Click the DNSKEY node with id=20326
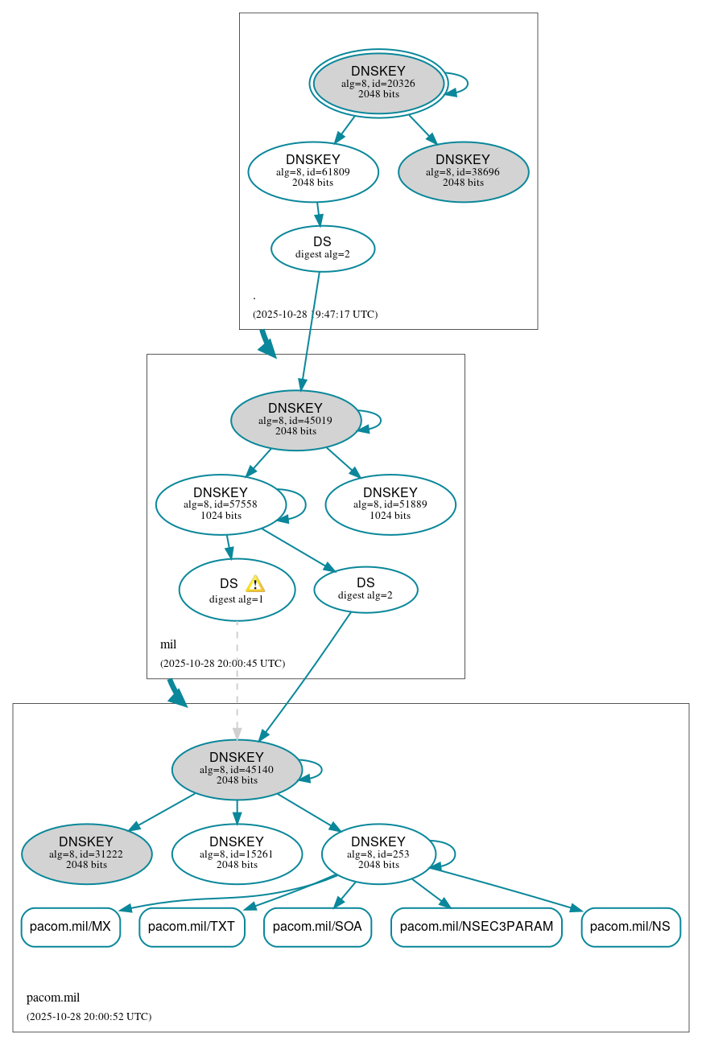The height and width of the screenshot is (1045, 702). (x=378, y=83)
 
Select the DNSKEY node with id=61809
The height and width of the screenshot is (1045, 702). (x=313, y=171)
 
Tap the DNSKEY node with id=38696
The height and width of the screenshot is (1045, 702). (x=463, y=171)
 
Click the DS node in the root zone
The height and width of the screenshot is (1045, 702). (x=322, y=248)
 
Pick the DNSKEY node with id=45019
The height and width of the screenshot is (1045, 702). (x=295, y=420)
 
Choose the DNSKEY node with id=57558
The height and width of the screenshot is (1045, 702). (x=221, y=504)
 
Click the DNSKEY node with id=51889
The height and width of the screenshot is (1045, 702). (x=390, y=504)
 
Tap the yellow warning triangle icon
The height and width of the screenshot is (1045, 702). (x=255, y=584)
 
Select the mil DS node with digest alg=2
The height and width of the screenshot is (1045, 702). (x=365, y=590)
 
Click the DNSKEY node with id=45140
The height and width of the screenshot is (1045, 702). (x=237, y=769)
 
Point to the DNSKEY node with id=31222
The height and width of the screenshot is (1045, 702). (x=86, y=854)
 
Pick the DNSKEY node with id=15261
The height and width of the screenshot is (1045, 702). (x=237, y=854)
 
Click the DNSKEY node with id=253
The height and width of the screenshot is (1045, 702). (x=378, y=854)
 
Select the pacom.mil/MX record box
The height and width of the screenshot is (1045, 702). (x=71, y=927)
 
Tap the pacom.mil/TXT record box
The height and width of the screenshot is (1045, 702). (x=192, y=927)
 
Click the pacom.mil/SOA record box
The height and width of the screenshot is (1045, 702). (x=317, y=927)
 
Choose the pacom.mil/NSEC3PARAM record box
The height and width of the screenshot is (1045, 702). (x=476, y=927)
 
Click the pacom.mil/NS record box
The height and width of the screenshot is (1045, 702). (x=630, y=927)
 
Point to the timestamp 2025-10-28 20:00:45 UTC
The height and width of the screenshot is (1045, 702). (x=222, y=664)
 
